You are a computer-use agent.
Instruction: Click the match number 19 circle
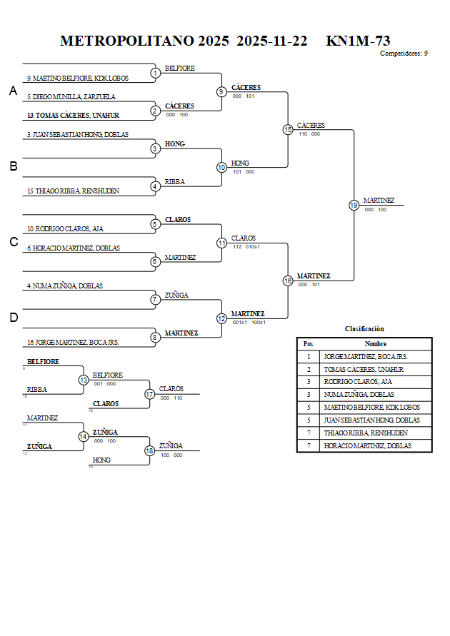pos(354,205)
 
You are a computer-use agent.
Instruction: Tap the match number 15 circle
pos(288,129)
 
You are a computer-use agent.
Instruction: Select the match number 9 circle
pos(221,91)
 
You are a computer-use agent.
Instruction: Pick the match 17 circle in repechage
pos(150,394)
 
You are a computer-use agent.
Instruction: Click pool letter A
pos(13,91)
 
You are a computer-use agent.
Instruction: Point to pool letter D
pos(13,318)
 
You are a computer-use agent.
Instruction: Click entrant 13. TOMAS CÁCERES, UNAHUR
pos(73,115)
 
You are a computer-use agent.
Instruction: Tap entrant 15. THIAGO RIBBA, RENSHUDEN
pos(73,191)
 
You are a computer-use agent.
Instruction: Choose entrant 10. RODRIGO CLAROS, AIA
pos(65,229)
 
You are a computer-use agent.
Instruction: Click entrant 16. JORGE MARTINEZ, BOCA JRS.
pos(73,343)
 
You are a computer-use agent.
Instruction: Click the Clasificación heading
pos(364,329)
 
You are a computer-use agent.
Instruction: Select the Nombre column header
pos(376,343)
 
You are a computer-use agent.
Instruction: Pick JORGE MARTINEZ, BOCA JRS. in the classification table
pos(366,356)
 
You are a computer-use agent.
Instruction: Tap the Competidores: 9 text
pos(404,54)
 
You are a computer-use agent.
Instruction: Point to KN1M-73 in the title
pos(358,41)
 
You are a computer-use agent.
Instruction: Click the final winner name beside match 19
pos(379,201)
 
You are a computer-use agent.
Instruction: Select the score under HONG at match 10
pos(243,171)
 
